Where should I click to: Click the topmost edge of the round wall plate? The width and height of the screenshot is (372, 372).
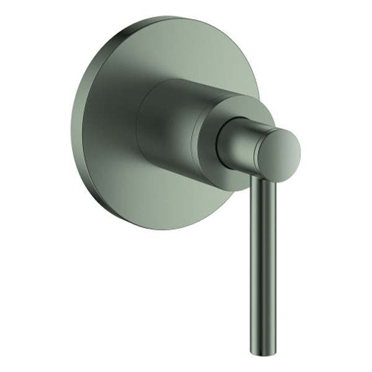[x=167, y=17]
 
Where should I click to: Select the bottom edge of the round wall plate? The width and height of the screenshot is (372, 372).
[x=161, y=229]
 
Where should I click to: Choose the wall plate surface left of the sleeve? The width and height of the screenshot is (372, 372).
[x=105, y=124]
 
